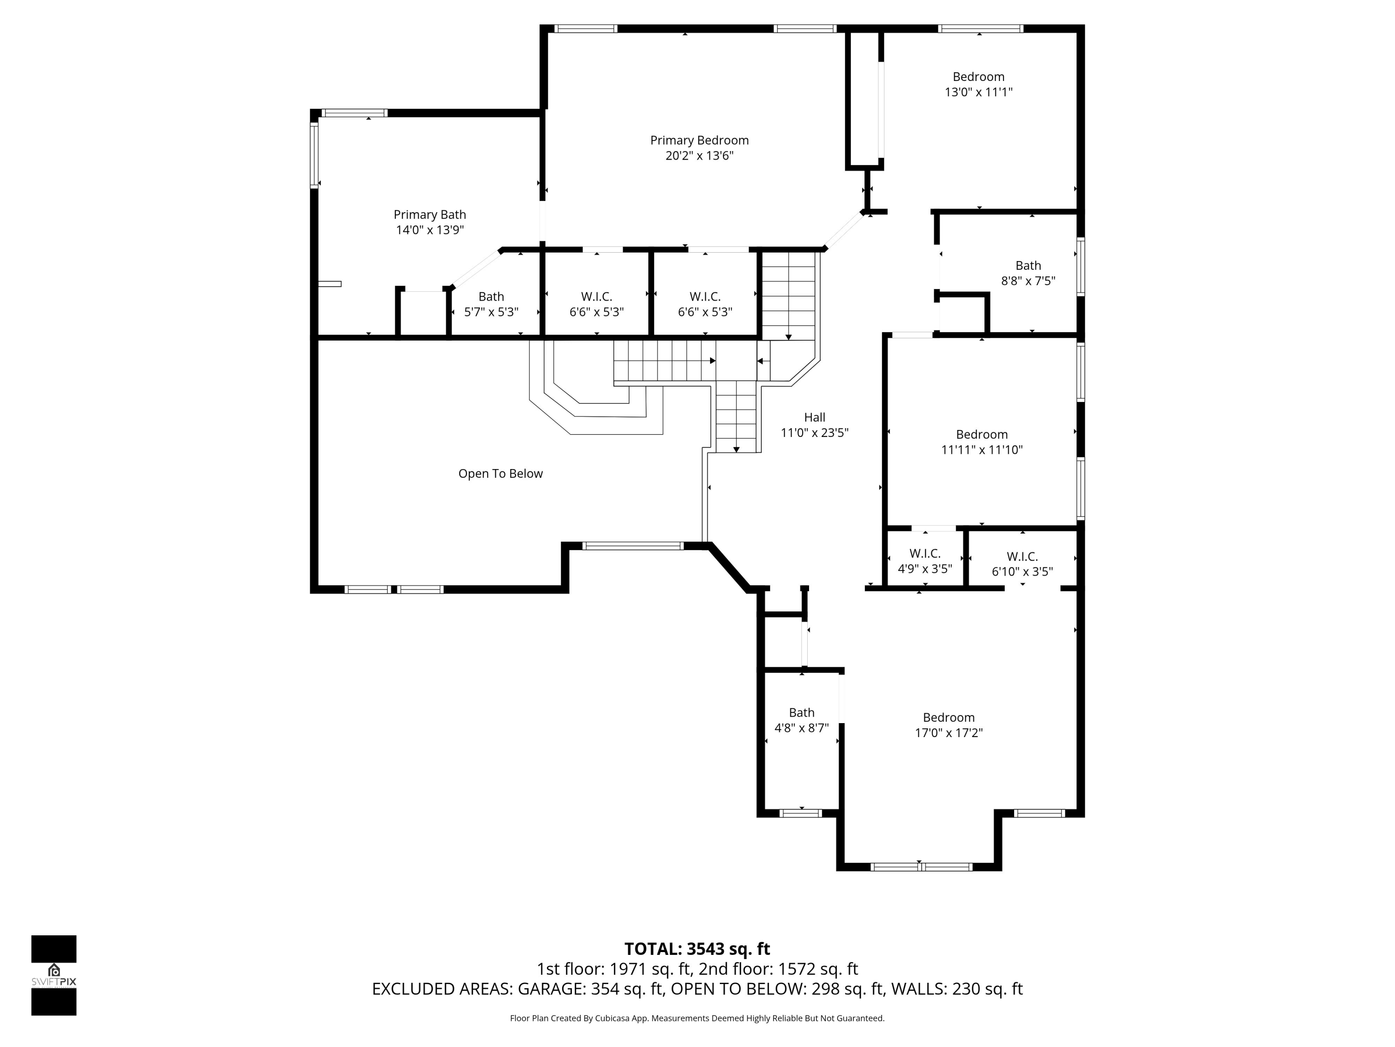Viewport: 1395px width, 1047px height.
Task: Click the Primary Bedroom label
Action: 699,140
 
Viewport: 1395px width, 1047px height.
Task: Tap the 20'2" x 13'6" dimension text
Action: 699,155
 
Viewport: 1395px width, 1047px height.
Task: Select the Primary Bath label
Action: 430,215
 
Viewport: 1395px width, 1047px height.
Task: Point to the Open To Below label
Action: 500,473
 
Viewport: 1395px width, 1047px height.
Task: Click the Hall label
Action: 814,417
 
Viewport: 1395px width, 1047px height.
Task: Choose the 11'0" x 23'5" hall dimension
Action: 814,433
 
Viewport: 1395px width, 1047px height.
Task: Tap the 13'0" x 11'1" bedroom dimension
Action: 978,92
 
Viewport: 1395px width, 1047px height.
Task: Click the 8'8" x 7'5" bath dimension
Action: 1028,281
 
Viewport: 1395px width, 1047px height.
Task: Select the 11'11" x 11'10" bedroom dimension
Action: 981,450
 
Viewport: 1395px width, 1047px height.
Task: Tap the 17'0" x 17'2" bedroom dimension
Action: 949,733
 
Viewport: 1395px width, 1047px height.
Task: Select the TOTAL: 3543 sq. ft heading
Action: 697,948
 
